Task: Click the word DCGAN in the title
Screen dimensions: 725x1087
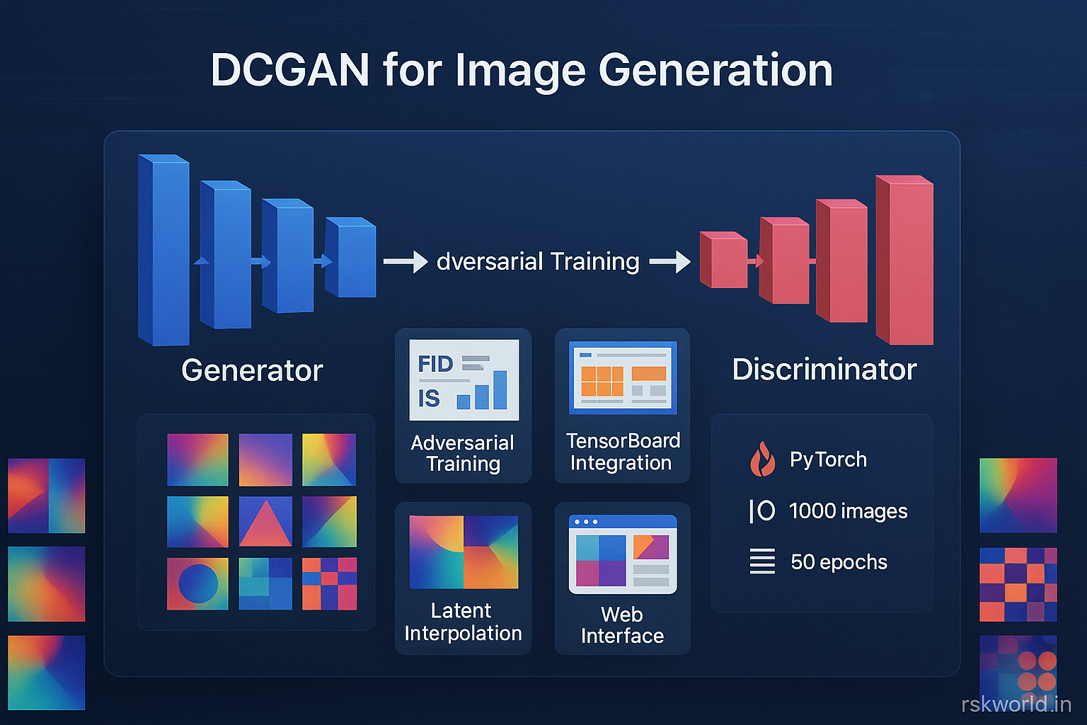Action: pos(290,70)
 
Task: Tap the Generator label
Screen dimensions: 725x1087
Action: pos(252,370)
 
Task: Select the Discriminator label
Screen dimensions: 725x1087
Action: pos(824,370)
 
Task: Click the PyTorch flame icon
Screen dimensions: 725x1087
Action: pos(761,459)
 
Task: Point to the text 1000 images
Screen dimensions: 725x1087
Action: pos(848,511)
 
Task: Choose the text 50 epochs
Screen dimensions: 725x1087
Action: pos(839,562)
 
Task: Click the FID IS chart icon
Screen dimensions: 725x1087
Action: pos(464,380)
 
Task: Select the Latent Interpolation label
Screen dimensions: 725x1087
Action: pos(463,622)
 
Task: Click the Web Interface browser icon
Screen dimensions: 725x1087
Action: pos(623,554)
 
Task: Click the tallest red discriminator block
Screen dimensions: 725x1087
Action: pos(904,261)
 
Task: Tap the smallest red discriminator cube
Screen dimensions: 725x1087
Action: pos(723,261)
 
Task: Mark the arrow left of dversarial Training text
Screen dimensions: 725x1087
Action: pos(406,261)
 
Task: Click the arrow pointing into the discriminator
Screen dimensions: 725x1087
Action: pos(669,261)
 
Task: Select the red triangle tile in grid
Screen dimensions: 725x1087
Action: pos(265,522)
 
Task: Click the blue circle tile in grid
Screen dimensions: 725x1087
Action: pos(197,584)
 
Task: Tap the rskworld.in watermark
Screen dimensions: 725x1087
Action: pos(1016,704)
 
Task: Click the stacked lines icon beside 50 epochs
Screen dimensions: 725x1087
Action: pos(762,561)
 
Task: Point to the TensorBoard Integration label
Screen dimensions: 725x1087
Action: pos(622,452)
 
